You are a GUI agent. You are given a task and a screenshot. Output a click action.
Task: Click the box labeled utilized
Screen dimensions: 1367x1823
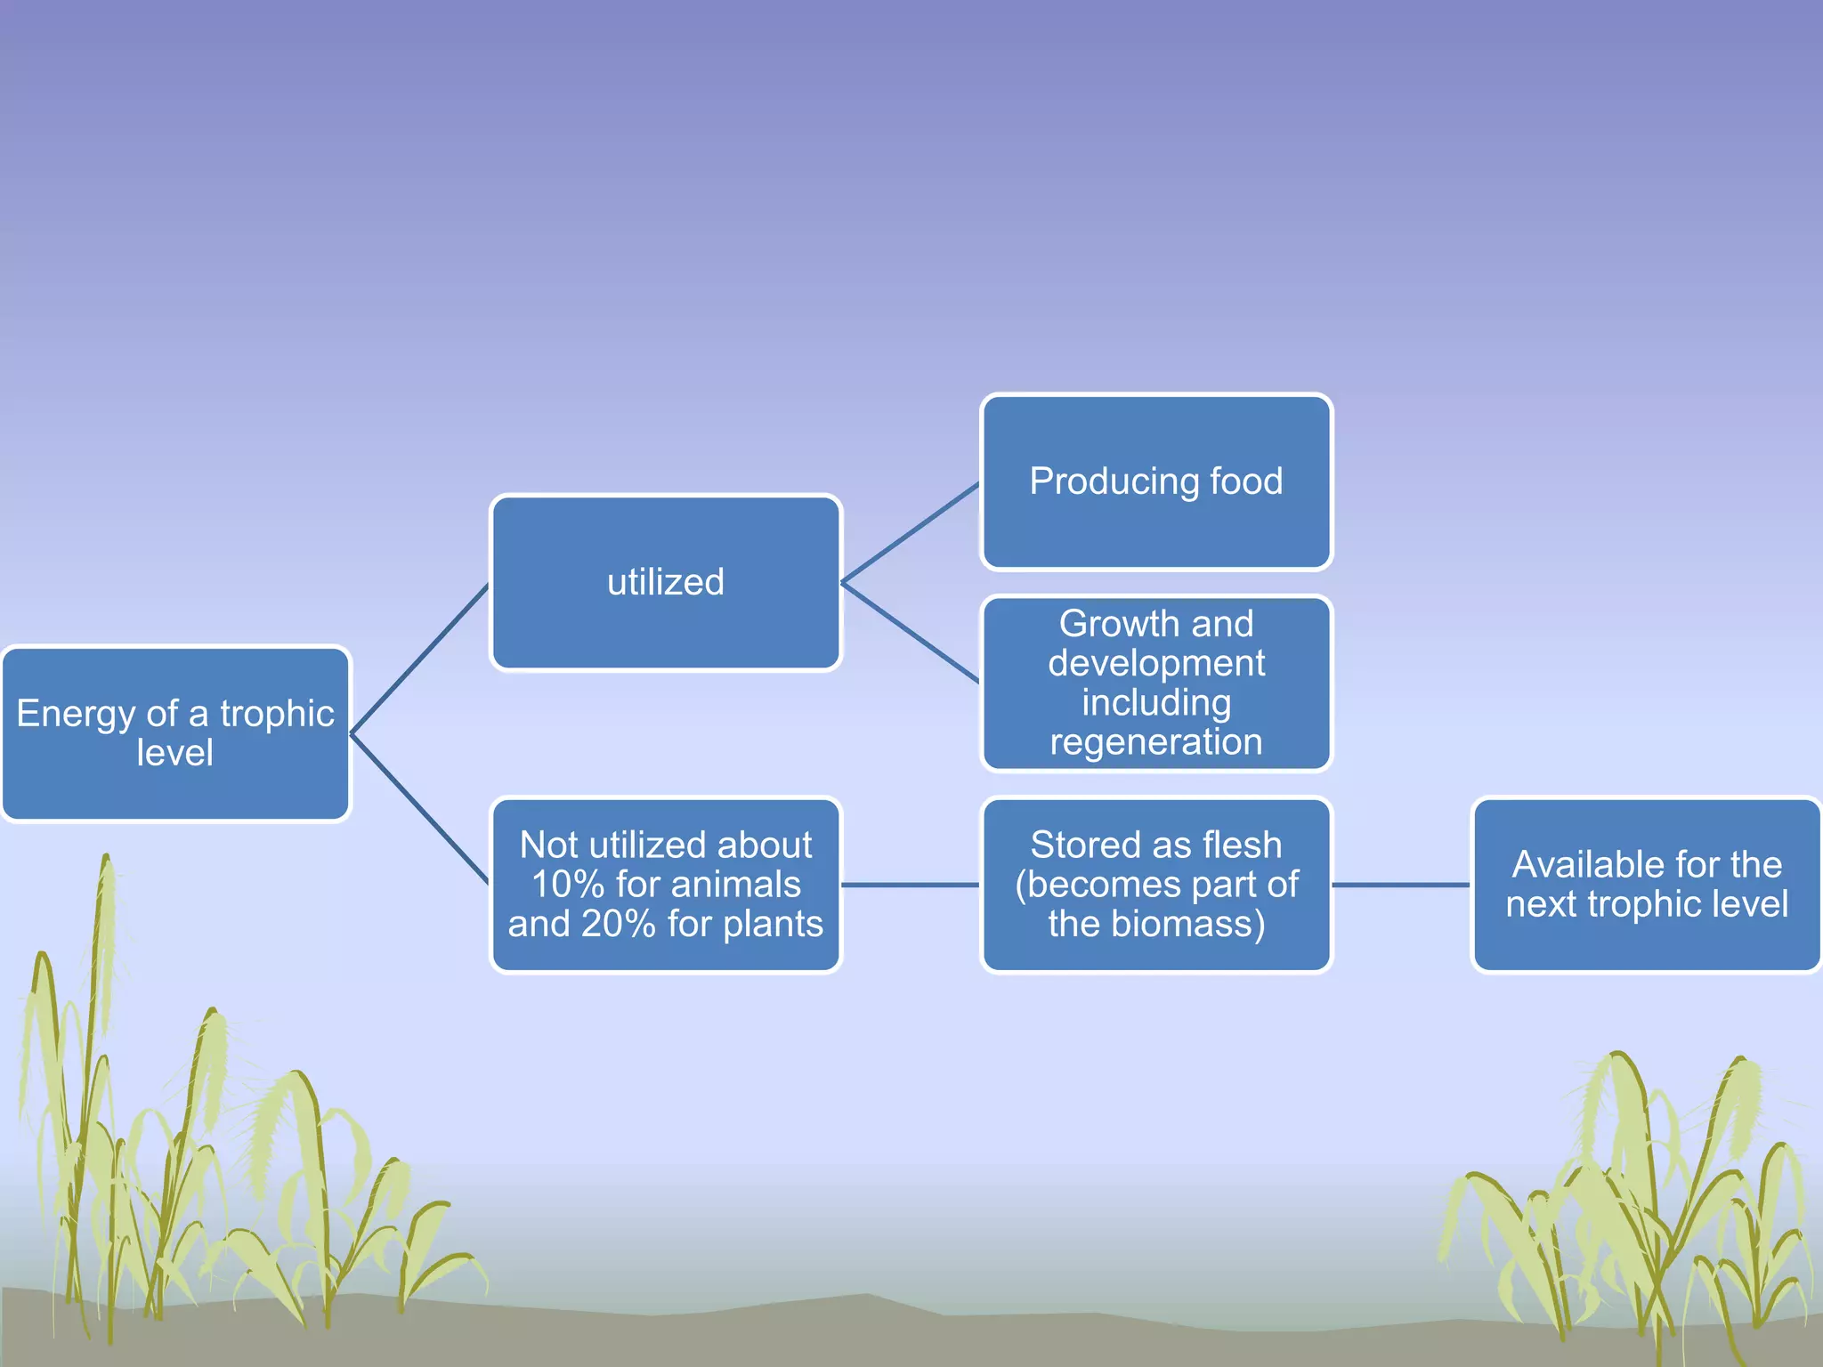666,583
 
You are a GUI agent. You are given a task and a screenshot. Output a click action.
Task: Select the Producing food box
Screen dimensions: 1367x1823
1156,481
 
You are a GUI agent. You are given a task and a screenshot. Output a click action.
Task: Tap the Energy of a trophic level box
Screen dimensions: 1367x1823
175,733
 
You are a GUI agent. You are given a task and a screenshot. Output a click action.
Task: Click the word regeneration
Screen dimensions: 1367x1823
1156,742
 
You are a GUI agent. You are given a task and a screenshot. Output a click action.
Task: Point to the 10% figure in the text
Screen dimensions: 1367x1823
568,885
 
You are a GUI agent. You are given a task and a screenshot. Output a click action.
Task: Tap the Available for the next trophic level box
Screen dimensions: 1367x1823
1647,885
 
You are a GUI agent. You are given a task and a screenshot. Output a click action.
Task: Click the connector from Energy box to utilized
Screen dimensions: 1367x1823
420,659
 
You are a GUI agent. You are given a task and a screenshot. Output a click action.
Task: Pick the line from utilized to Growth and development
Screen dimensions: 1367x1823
910,633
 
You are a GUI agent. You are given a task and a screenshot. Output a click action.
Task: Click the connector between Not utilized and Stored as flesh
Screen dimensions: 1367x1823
910,885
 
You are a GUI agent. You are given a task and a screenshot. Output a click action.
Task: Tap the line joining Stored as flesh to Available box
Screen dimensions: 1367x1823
1400,885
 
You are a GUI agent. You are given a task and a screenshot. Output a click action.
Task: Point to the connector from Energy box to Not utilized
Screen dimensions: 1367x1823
420,808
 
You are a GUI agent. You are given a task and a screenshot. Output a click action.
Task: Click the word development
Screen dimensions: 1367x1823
1156,663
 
